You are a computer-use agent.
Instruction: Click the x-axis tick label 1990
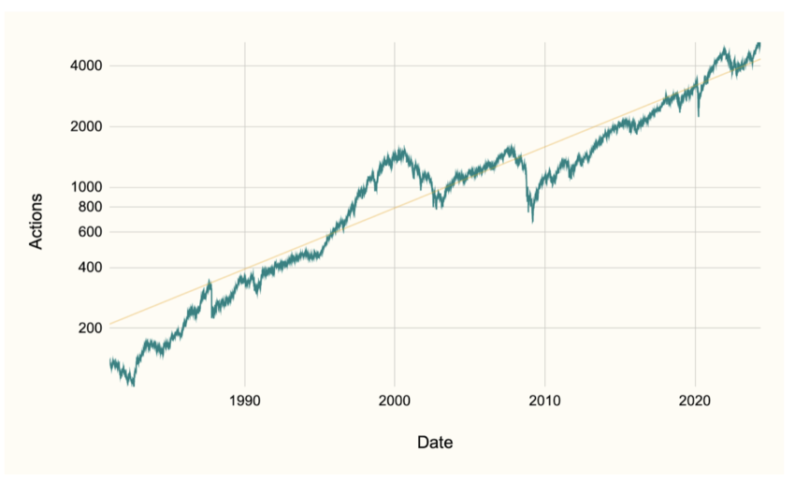point(245,401)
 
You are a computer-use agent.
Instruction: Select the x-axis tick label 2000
point(395,401)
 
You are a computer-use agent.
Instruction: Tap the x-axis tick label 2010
point(544,401)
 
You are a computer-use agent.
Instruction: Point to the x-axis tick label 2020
point(695,401)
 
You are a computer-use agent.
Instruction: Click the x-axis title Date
point(436,442)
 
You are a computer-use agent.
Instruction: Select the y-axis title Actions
point(36,221)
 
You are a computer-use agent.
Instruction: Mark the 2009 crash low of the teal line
point(532,221)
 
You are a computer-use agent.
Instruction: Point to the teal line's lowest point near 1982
point(133,385)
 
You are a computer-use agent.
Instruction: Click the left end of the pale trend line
point(109,325)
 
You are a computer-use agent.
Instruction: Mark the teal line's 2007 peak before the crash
point(511,145)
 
